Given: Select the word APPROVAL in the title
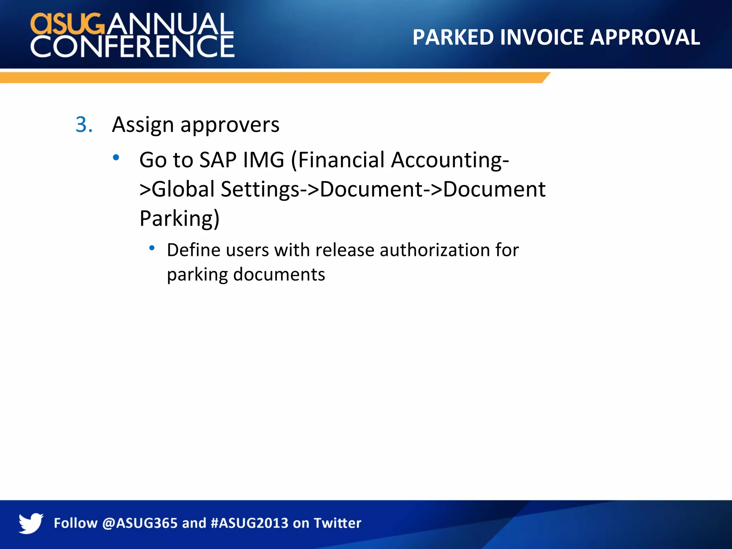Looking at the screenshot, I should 645,37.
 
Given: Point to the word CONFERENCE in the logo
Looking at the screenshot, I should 132,46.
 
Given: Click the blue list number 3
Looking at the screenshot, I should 84,125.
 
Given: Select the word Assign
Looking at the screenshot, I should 143,125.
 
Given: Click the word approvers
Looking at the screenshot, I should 230,125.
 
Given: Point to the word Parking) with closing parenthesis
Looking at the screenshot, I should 179,219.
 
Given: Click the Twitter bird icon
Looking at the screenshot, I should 31,523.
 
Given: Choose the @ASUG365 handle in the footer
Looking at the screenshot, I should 140,523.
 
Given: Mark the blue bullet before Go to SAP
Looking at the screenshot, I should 116,157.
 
